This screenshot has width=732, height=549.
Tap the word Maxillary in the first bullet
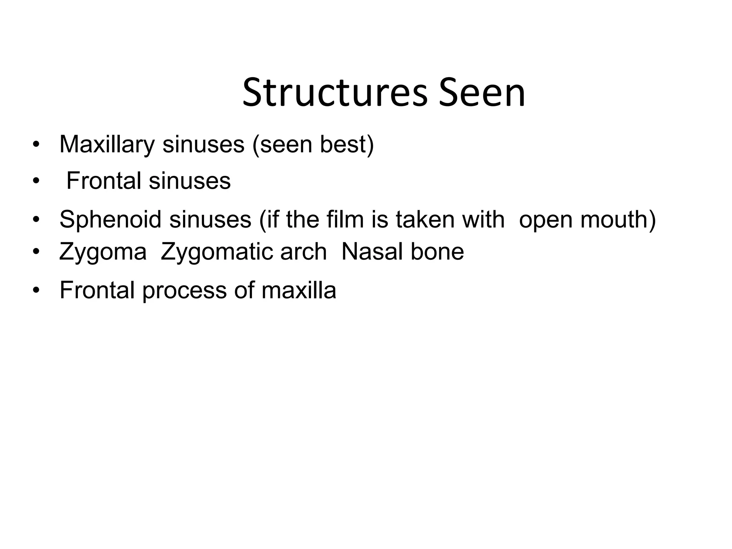pyautogui.click(x=107, y=145)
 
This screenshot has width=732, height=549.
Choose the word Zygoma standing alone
pyautogui.click(x=103, y=252)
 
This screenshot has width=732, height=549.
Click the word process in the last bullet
pyautogui.click(x=184, y=291)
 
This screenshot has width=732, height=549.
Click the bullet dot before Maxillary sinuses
pyautogui.click(x=35, y=145)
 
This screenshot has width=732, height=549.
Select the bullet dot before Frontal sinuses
pyautogui.click(x=35, y=182)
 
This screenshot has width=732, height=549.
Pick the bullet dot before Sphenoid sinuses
pyautogui.click(x=35, y=220)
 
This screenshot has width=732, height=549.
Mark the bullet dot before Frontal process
pyautogui.click(x=35, y=291)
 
